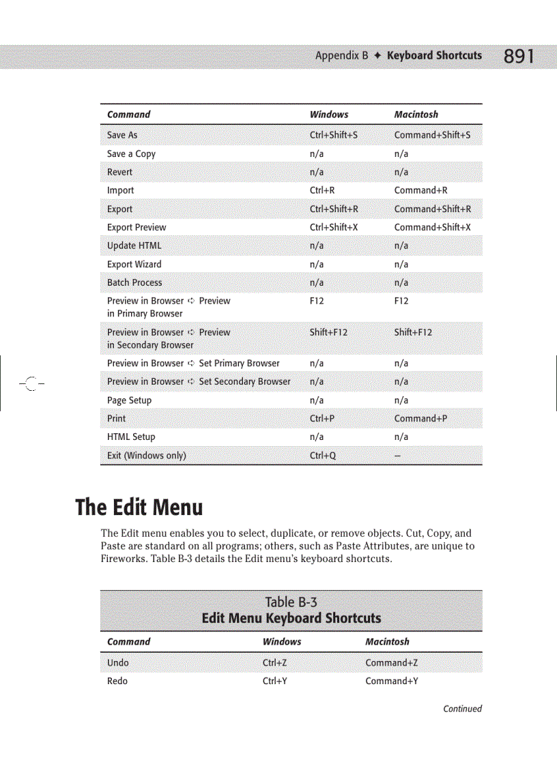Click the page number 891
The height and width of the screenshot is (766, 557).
[x=519, y=56]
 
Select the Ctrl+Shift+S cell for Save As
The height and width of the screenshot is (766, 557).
[x=333, y=135]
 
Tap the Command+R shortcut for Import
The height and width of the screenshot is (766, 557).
[x=420, y=190]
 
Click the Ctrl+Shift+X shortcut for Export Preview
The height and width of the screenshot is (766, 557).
[x=334, y=227]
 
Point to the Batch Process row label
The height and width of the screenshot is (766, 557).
[x=134, y=282]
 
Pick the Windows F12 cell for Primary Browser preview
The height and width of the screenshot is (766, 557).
[x=317, y=301]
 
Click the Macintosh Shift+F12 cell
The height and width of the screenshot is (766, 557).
[x=413, y=332]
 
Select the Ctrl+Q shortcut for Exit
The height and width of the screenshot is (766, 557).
[x=323, y=456]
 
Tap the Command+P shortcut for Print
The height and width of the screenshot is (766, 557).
[x=420, y=419]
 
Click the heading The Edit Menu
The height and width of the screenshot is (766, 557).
[x=139, y=507]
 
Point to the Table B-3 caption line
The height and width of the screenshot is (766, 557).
[x=291, y=602]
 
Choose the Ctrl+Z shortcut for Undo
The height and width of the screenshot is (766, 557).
[x=274, y=662]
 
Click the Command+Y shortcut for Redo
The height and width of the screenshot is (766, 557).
[x=392, y=681]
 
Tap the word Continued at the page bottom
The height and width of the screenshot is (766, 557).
[x=462, y=709]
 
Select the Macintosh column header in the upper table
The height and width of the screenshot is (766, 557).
[x=416, y=115]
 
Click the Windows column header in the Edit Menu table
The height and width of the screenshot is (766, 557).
[x=282, y=642]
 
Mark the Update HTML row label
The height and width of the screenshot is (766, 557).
[x=134, y=246]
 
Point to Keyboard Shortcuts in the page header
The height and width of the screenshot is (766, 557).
[x=434, y=55]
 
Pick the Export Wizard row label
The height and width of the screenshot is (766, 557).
[x=134, y=264]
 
